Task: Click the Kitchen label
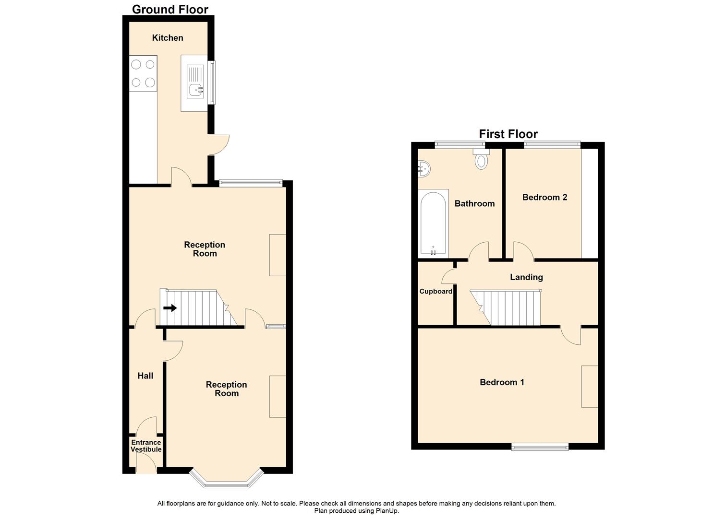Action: (x=168, y=38)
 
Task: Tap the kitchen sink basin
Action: (x=196, y=89)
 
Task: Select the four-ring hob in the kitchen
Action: (x=143, y=73)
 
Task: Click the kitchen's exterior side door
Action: (x=218, y=144)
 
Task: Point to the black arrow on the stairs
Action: (x=170, y=308)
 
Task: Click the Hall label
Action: (x=145, y=376)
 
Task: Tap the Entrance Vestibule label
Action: (x=146, y=446)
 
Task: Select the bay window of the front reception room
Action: (x=227, y=480)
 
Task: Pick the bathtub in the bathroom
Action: (x=434, y=223)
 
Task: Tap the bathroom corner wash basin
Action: (x=423, y=168)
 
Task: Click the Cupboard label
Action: (x=435, y=291)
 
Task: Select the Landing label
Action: (x=526, y=277)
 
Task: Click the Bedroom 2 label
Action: (x=544, y=197)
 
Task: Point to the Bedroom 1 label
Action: (x=502, y=382)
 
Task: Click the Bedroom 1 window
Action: (x=540, y=447)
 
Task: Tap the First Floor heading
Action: (x=508, y=134)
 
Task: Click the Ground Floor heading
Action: (x=170, y=9)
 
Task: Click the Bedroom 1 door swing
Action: (x=571, y=336)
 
